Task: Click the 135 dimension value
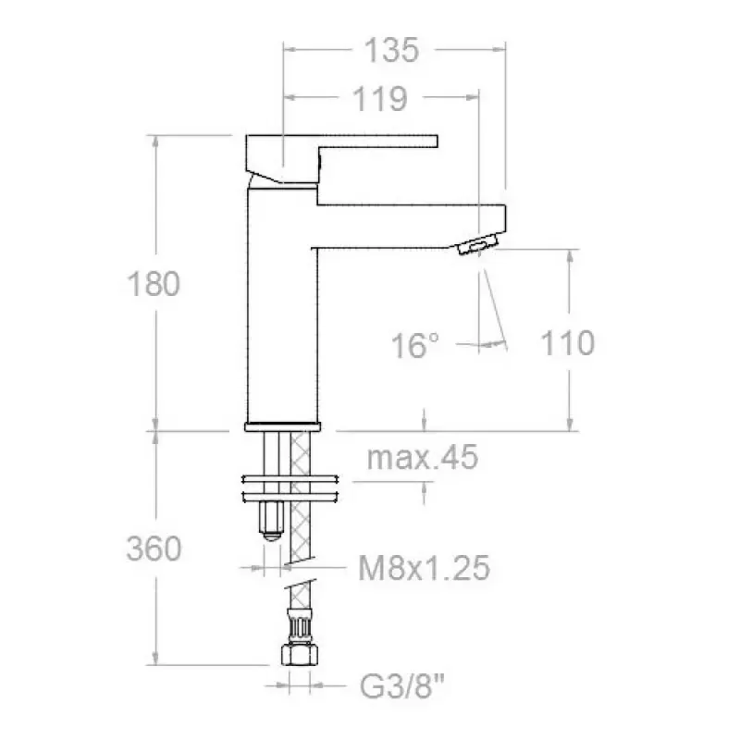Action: point(391,50)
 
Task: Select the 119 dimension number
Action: point(380,99)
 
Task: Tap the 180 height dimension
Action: point(154,284)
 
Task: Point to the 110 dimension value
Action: point(567,343)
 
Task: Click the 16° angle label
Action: point(415,345)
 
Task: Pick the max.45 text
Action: point(423,457)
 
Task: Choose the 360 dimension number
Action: point(154,549)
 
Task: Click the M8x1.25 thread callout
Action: point(424,568)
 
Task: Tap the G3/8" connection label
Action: point(402,686)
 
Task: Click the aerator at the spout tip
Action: point(478,244)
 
